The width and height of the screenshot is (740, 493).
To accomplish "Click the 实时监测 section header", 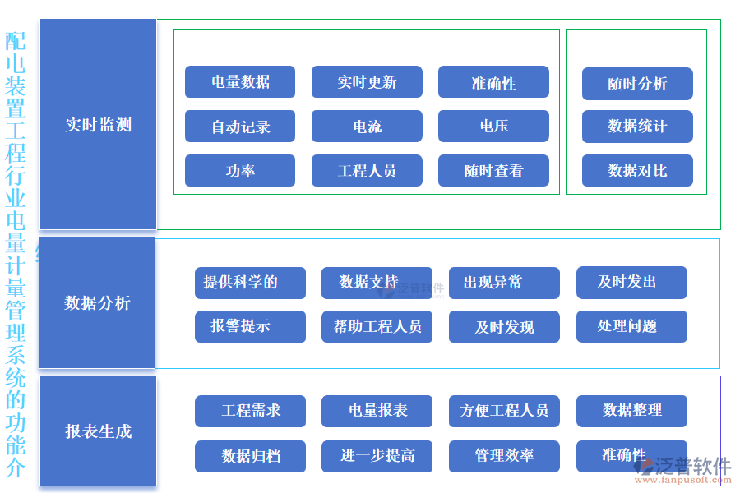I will click(x=98, y=125).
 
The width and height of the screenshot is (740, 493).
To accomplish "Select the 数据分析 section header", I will click(x=98, y=303).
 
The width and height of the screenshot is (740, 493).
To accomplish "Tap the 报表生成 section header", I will click(x=98, y=431).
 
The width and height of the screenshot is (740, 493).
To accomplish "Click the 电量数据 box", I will click(x=240, y=82).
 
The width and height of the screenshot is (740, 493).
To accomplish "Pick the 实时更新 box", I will click(x=367, y=82).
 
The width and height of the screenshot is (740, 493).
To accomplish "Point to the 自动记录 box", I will click(x=240, y=127).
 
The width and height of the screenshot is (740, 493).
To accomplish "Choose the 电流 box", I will click(x=367, y=127).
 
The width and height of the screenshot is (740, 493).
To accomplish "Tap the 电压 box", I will click(x=493, y=127).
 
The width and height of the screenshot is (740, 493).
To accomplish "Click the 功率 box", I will click(x=240, y=171).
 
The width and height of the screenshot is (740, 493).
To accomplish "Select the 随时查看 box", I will click(x=493, y=171).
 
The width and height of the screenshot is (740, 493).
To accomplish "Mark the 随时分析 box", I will click(x=637, y=84).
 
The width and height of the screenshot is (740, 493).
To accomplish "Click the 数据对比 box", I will click(x=637, y=171).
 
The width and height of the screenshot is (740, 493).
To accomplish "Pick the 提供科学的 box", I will click(x=250, y=283).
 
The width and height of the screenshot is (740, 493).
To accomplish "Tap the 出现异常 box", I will click(x=504, y=283).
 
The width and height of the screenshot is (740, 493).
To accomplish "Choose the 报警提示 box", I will click(x=250, y=326).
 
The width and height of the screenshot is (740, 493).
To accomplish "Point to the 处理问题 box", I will click(x=631, y=326).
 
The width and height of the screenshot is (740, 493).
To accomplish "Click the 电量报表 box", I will click(x=377, y=411).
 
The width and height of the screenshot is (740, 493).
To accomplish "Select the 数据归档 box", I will click(x=250, y=456).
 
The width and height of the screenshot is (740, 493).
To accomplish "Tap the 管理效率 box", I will click(x=504, y=456).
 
